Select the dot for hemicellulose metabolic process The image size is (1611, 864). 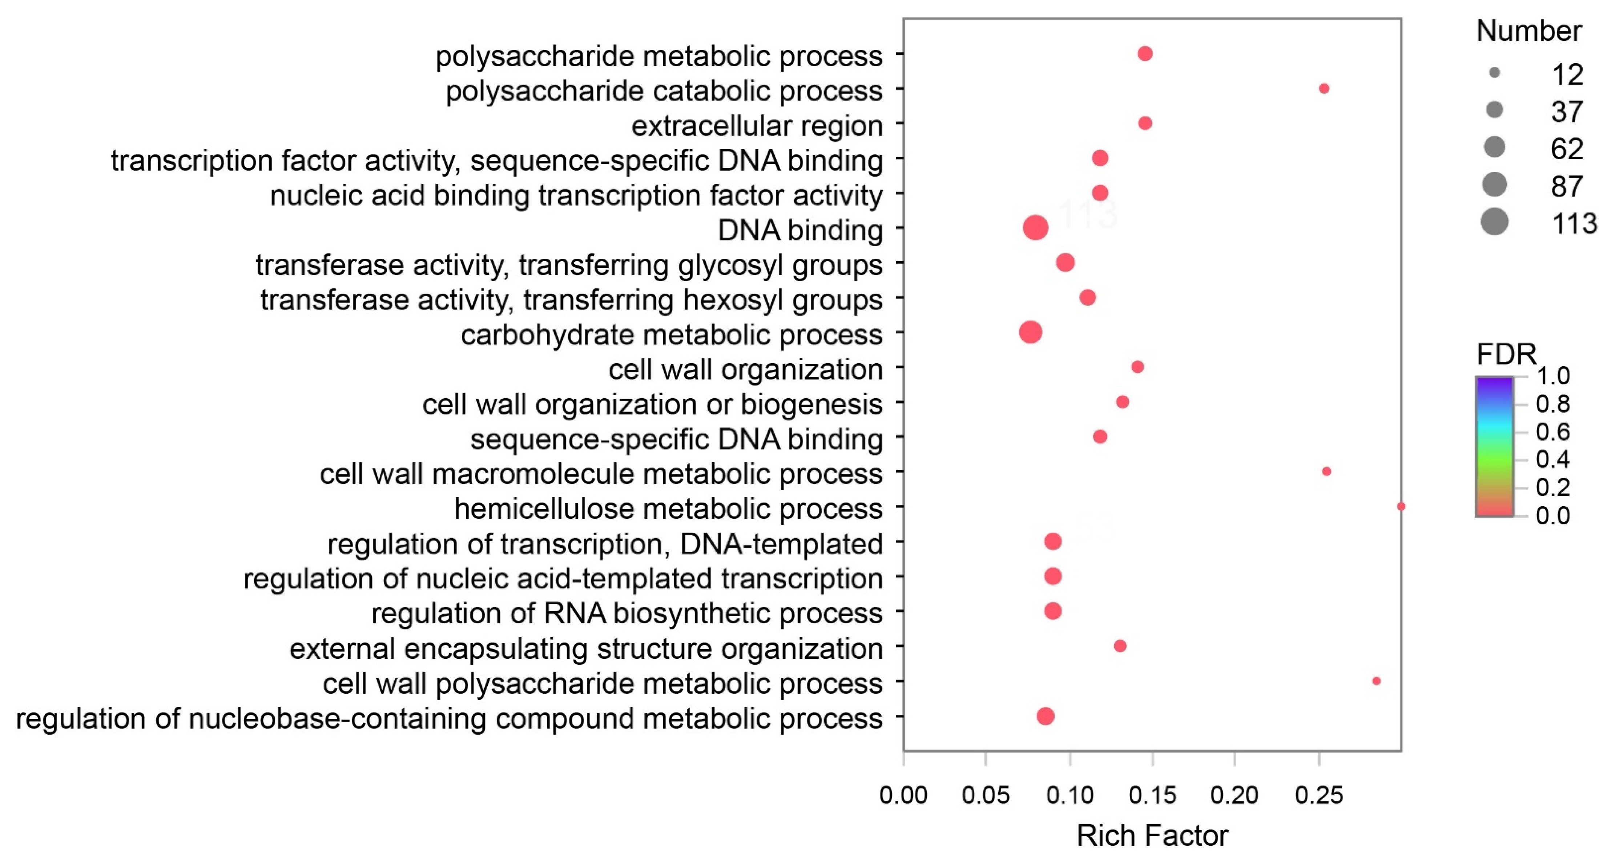click(1401, 506)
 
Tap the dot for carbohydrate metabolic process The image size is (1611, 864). click(1030, 332)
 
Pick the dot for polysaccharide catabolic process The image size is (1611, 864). click(1324, 89)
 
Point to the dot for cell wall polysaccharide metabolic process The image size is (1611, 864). click(1376, 681)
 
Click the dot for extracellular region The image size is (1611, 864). click(1144, 123)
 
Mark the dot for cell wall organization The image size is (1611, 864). click(1137, 367)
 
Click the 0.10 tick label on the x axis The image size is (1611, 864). click(1070, 795)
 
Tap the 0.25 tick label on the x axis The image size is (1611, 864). click(1319, 795)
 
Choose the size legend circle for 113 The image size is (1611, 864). click(1494, 222)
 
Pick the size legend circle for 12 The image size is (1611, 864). click(1494, 73)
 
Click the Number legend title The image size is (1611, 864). click(1529, 31)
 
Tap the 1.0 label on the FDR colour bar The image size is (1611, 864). click(1553, 376)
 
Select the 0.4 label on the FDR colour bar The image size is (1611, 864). click(1553, 459)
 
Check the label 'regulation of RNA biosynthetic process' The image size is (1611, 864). click(627, 613)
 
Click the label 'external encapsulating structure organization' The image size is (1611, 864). click(586, 648)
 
